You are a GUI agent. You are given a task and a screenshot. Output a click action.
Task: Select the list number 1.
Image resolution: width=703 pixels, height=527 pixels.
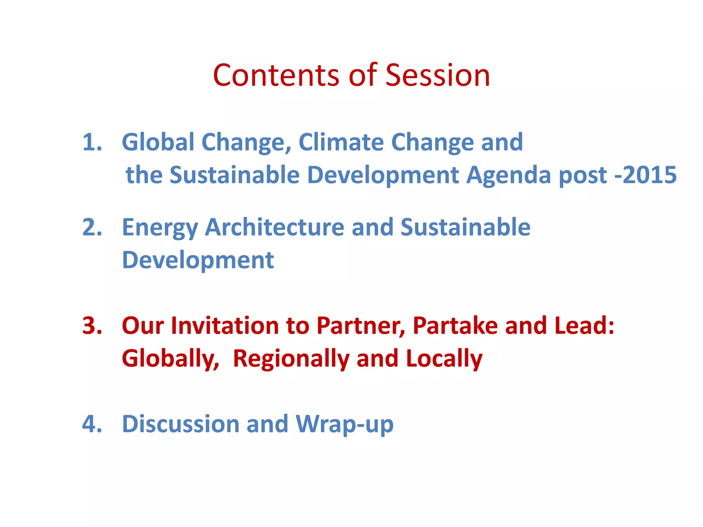point(92,142)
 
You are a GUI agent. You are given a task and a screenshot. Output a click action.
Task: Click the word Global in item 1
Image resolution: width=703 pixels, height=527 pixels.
point(158,142)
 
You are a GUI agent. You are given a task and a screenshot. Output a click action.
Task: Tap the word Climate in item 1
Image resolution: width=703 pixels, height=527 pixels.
point(341,142)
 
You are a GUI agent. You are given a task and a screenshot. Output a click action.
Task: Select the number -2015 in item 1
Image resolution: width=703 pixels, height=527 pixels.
point(645,175)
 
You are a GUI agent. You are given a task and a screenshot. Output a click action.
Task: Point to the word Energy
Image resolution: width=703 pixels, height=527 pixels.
point(160,228)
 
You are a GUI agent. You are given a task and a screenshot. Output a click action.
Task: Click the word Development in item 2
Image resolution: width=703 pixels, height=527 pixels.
point(198,260)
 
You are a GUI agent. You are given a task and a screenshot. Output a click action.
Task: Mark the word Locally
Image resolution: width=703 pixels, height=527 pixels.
point(444,359)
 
